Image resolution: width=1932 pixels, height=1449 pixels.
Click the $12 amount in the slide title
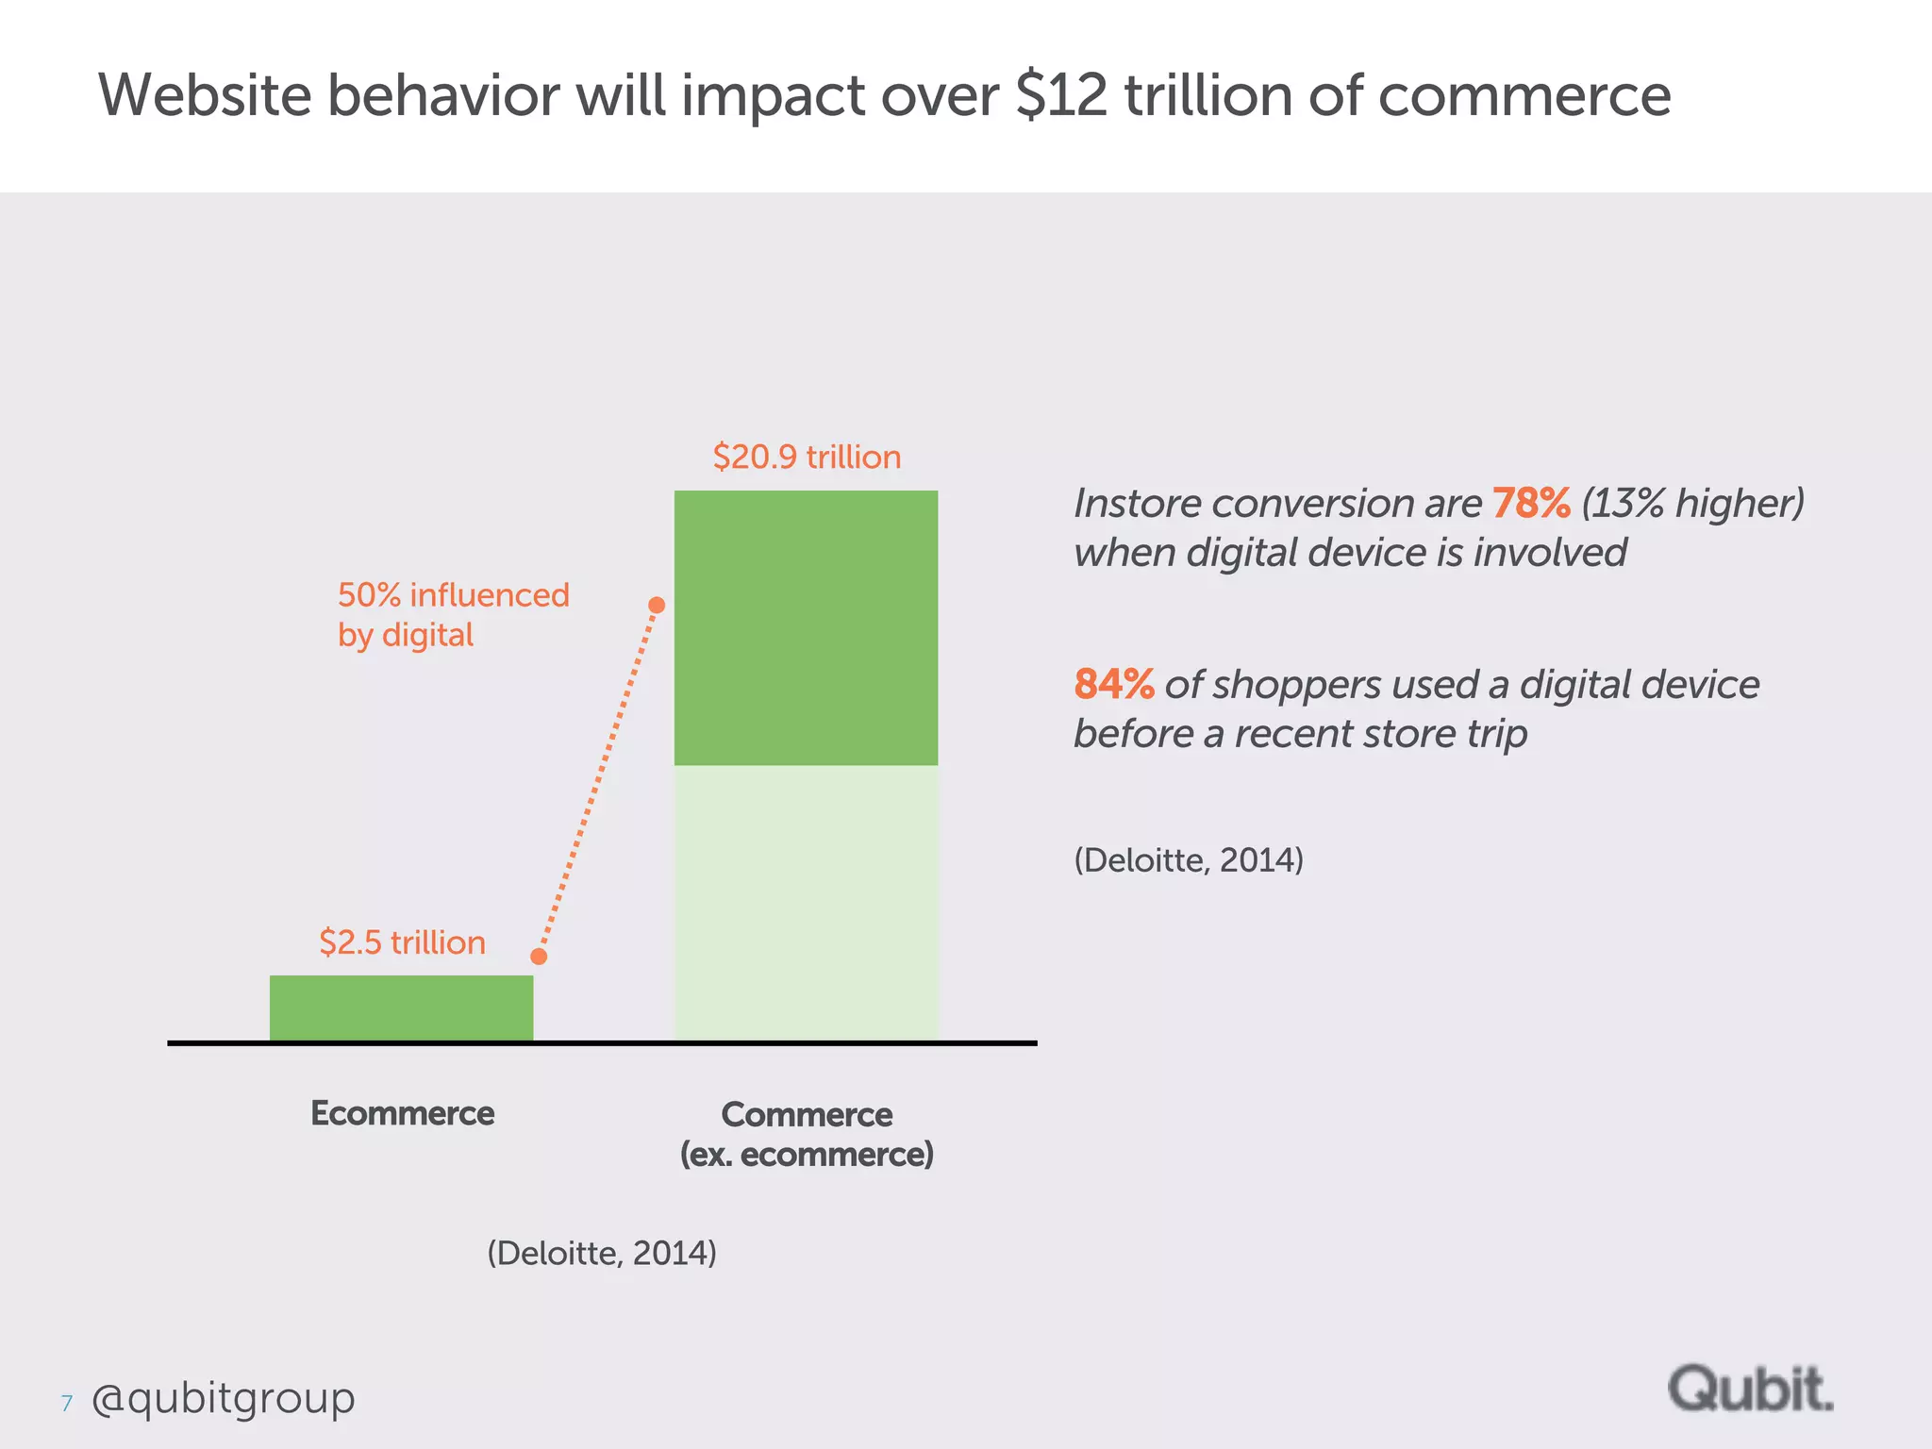[x=1061, y=96]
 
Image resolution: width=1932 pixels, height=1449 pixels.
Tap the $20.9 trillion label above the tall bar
[x=807, y=458]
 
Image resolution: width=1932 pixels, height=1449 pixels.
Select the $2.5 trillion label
[x=402, y=942]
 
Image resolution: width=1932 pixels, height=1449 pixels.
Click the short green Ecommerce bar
[x=401, y=1008]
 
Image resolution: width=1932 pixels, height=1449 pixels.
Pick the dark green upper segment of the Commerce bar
[x=806, y=627]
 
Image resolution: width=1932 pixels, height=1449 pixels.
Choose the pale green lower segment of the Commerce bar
[x=806, y=901]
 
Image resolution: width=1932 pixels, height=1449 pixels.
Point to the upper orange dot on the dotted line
[x=657, y=605]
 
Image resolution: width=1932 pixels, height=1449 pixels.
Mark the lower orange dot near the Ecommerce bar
[x=539, y=957]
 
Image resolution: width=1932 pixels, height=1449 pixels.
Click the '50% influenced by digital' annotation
[x=453, y=615]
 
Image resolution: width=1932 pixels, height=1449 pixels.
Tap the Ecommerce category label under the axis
[x=402, y=1113]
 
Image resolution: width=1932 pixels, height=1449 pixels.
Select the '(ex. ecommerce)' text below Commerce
[x=807, y=1155]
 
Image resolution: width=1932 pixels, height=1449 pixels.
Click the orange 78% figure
[x=1531, y=503]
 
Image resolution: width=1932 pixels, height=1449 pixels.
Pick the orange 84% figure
[x=1113, y=684]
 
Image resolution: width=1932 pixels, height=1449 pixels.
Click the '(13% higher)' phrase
[x=1692, y=503]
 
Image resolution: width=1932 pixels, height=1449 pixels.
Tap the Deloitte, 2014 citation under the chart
[x=602, y=1253]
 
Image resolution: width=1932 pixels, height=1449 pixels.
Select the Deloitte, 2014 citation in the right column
[x=1189, y=859]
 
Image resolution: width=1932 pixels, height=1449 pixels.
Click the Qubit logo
[x=1750, y=1390]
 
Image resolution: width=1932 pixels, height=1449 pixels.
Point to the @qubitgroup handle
[x=224, y=1398]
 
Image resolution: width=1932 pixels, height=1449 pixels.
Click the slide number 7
[x=67, y=1403]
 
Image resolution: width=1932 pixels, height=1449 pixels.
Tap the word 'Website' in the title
[x=205, y=96]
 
